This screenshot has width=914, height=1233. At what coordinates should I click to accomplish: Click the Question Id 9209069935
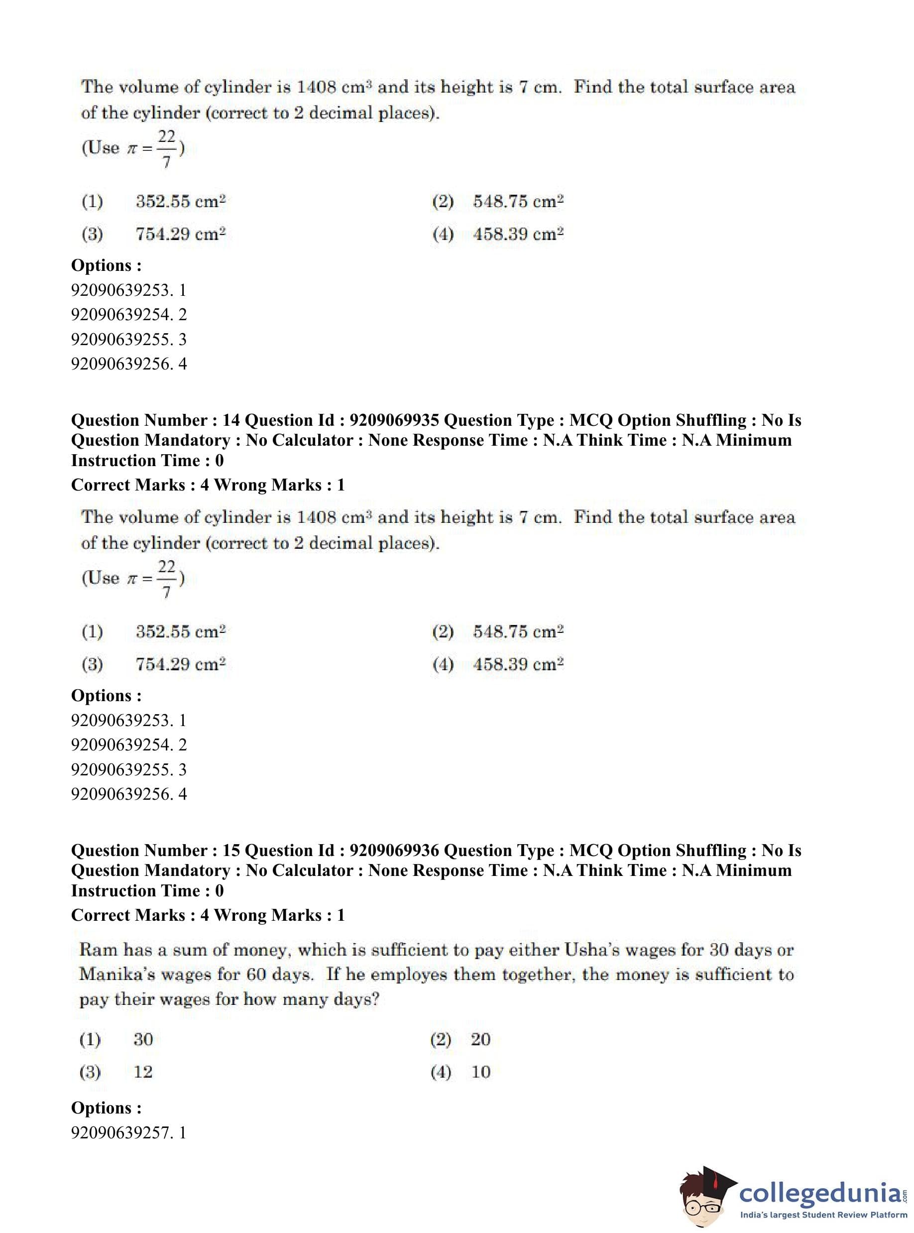(x=394, y=421)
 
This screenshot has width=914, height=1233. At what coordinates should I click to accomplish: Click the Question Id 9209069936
(x=394, y=851)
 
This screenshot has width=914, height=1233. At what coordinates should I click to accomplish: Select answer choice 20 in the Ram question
(x=480, y=1039)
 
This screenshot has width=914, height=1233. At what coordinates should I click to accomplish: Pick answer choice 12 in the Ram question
(x=143, y=1072)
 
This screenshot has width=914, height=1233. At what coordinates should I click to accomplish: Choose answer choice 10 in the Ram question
(x=480, y=1072)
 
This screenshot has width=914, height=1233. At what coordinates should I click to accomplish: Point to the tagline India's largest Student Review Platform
(x=823, y=1215)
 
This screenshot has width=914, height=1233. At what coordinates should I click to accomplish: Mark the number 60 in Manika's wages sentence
(x=256, y=975)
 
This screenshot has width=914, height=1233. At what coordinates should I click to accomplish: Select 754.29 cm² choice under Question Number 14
(x=180, y=664)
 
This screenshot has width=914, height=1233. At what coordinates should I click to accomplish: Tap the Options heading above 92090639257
(x=106, y=1108)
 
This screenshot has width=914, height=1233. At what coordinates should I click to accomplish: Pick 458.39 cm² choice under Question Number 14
(x=518, y=664)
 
